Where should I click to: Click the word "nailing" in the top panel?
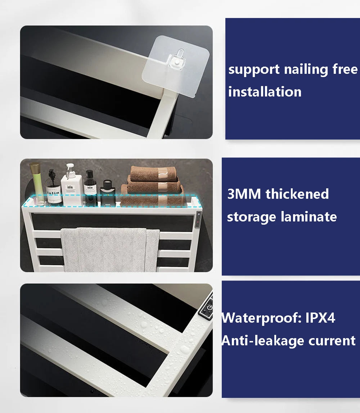point(306,70)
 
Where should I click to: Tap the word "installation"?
point(265,92)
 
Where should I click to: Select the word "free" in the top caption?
point(345,69)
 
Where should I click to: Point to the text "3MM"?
point(244,194)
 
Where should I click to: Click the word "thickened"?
point(297,194)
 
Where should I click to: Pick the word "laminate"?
point(309,217)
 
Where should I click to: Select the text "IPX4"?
point(320,318)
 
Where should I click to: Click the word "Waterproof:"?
point(261,318)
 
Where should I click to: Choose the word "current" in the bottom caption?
point(332,341)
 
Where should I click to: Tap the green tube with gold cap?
point(37,183)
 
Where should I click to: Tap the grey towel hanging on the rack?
point(110,250)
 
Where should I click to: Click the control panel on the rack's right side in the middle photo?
point(198,220)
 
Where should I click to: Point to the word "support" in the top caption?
point(254,70)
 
